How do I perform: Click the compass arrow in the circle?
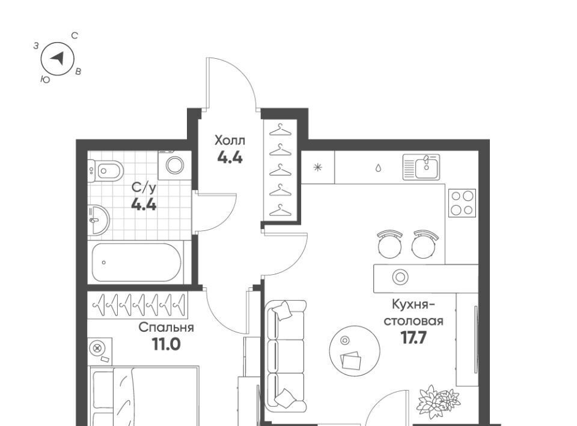pyautogui.click(x=58, y=58)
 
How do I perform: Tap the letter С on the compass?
pyautogui.click(x=75, y=35)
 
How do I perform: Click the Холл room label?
pyautogui.click(x=230, y=140)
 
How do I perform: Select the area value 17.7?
pyautogui.click(x=414, y=337)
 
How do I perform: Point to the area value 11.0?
pyautogui.click(x=166, y=344)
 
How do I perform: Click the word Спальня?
pyautogui.click(x=166, y=327)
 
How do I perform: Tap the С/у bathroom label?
pyautogui.click(x=144, y=188)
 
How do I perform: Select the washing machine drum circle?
pyautogui.click(x=175, y=165)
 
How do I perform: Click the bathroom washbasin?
pyautogui.click(x=99, y=220)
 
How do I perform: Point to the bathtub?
pyautogui.click(x=136, y=262)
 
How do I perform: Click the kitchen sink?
pyautogui.click(x=421, y=167)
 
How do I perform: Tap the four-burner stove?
pyautogui.click(x=462, y=203)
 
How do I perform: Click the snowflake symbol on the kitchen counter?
pyautogui.click(x=317, y=167)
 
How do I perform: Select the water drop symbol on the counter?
pyautogui.click(x=378, y=168)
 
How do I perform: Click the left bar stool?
pyautogui.click(x=390, y=244)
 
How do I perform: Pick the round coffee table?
pyautogui.click(x=355, y=349)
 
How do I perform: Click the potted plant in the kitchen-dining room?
pyautogui.click(x=438, y=402)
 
